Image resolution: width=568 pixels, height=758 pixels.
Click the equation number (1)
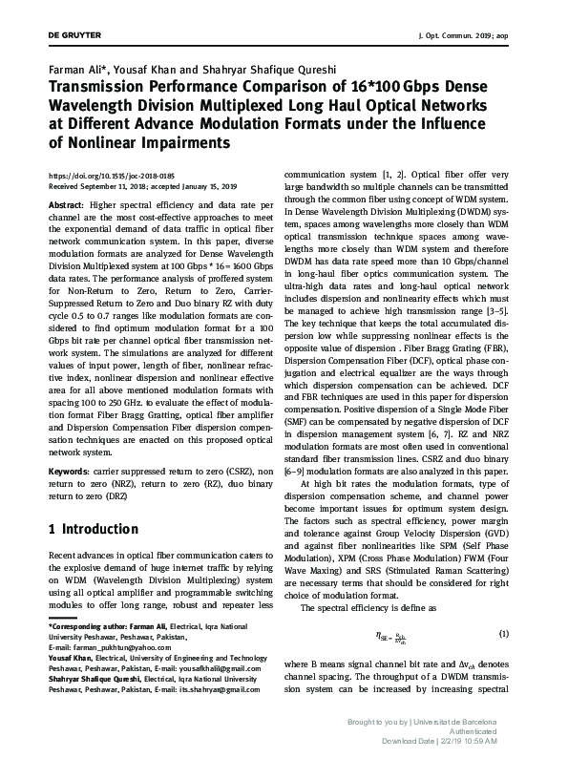pyautogui.click(x=504, y=633)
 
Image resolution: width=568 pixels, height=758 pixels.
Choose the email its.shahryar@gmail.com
pyautogui.click(x=210, y=689)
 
